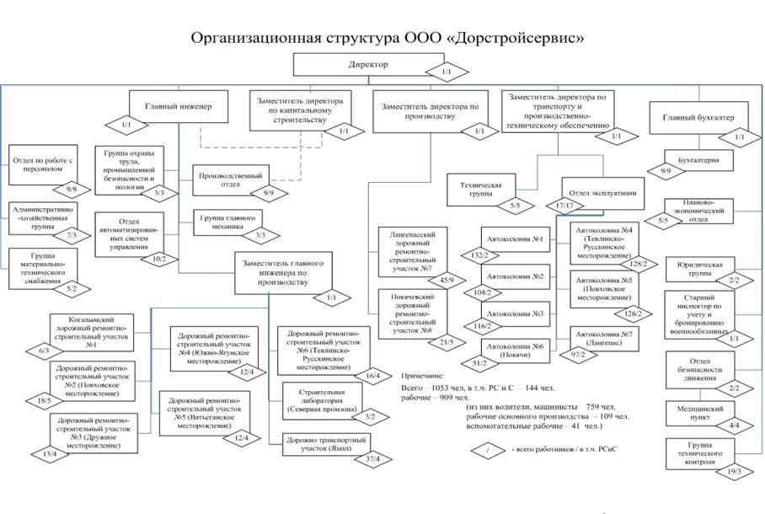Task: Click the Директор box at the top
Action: pos(367,64)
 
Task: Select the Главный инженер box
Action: pos(179,107)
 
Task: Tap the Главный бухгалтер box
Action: pos(698,118)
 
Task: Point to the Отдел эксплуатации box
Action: pos(602,192)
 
